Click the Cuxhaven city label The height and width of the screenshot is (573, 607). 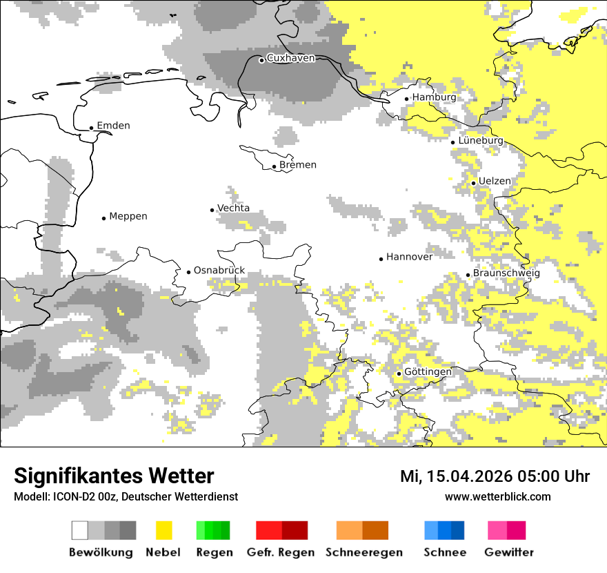pos(290,58)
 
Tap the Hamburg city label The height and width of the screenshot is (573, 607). pos(434,97)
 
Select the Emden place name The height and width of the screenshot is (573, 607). pos(113,126)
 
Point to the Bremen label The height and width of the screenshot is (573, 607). pos(298,165)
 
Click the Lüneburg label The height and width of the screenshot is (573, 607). pos(481,141)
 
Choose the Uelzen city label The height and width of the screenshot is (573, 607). pos(495,182)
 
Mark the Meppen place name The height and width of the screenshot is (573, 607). pos(128,217)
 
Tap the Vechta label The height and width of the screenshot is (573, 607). pos(234,208)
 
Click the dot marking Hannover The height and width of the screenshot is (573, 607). pos(381,259)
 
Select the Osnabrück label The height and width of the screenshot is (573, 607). pos(219,271)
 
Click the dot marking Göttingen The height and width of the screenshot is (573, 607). pos(399,373)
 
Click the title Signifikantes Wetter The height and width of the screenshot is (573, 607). pos(114,476)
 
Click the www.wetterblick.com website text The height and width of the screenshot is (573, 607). pos(497,496)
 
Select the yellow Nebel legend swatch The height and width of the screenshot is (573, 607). pos(164,530)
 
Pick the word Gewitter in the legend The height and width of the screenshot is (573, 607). pos(509,552)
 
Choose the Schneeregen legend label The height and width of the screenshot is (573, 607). pos(365,552)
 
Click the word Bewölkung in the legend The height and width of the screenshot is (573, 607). pos(101,552)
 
